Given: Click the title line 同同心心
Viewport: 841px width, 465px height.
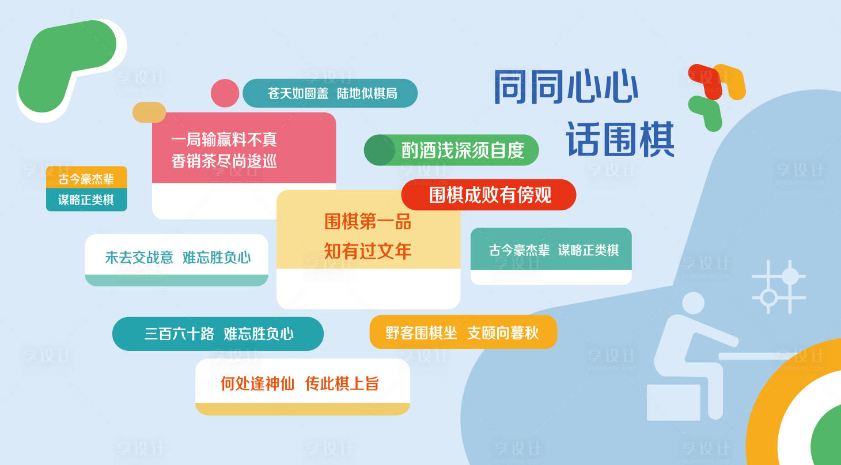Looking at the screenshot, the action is pyautogui.click(x=566, y=86).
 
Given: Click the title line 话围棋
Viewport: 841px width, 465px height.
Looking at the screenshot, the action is pyautogui.click(x=620, y=139).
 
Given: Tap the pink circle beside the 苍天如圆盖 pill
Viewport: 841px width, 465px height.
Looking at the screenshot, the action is pyautogui.click(x=225, y=93).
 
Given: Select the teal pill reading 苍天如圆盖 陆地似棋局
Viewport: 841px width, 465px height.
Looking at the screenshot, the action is pyautogui.click(x=330, y=93).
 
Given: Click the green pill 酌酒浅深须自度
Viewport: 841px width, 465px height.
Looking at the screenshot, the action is pyautogui.click(x=451, y=150).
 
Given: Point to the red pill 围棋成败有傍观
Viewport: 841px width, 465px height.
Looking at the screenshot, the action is pyautogui.click(x=489, y=195).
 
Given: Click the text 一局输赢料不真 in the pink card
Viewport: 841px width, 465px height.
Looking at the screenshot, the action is pyautogui.click(x=224, y=139).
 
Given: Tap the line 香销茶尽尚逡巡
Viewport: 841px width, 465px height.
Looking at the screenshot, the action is pyautogui.click(x=224, y=161).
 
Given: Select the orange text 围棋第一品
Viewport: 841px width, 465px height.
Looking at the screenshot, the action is pyautogui.click(x=368, y=222).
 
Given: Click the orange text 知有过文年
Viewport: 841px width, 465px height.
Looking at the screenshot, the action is pyautogui.click(x=368, y=251).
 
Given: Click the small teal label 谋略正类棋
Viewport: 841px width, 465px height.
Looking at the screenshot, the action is pyautogui.click(x=86, y=199).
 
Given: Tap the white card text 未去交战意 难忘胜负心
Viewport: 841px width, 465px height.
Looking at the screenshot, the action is pyautogui.click(x=177, y=258).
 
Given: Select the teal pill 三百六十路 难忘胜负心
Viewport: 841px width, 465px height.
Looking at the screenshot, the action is pyautogui.click(x=218, y=334).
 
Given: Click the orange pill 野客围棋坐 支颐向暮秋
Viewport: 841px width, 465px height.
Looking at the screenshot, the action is pyautogui.click(x=463, y=332).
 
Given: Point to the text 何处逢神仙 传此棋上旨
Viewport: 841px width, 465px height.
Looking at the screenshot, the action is pyautogui.click(x=299, y=384).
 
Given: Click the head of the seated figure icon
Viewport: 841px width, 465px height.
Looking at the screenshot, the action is pyautogui.click(x=693, y=303).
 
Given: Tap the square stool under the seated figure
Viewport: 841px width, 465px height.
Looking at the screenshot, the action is pyautogui.click(x=673, y=402).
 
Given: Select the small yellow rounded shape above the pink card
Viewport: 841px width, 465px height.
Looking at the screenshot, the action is pyautogui.click(x=149, y=112).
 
